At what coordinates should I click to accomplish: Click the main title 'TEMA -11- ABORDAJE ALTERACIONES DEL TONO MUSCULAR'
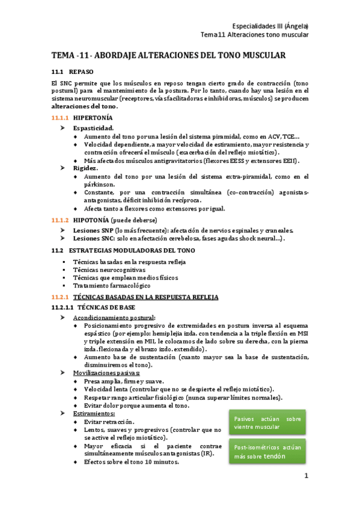point(168,55)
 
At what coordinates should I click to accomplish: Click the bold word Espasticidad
point(93,128)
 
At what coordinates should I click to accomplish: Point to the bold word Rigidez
point(86,168)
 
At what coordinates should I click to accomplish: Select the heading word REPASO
point(81,72)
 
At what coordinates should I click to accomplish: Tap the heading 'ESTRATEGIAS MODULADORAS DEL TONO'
point(132,250)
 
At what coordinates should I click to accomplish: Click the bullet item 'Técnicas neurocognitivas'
point(109,270)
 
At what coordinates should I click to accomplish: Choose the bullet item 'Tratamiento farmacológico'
point(112,286)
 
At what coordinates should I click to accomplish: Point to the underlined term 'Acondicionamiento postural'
point(114,318)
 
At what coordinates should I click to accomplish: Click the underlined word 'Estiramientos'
point(94,413)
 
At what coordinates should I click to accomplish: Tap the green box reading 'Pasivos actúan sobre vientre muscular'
point(267,423)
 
